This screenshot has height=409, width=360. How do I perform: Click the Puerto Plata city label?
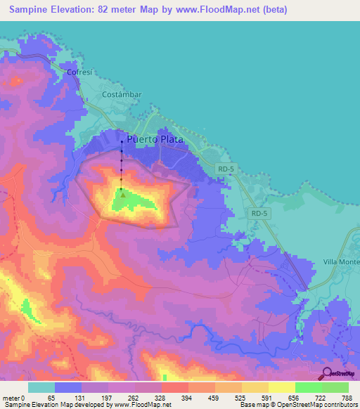point(155,139)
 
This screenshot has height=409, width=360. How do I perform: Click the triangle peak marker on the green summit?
point(122,195)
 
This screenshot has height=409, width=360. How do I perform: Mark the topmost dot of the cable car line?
point(122,143)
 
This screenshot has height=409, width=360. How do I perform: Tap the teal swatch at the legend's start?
point(41,387)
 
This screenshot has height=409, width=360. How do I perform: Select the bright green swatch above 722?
point(309,387)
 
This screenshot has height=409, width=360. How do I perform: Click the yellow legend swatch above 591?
point(282,387)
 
